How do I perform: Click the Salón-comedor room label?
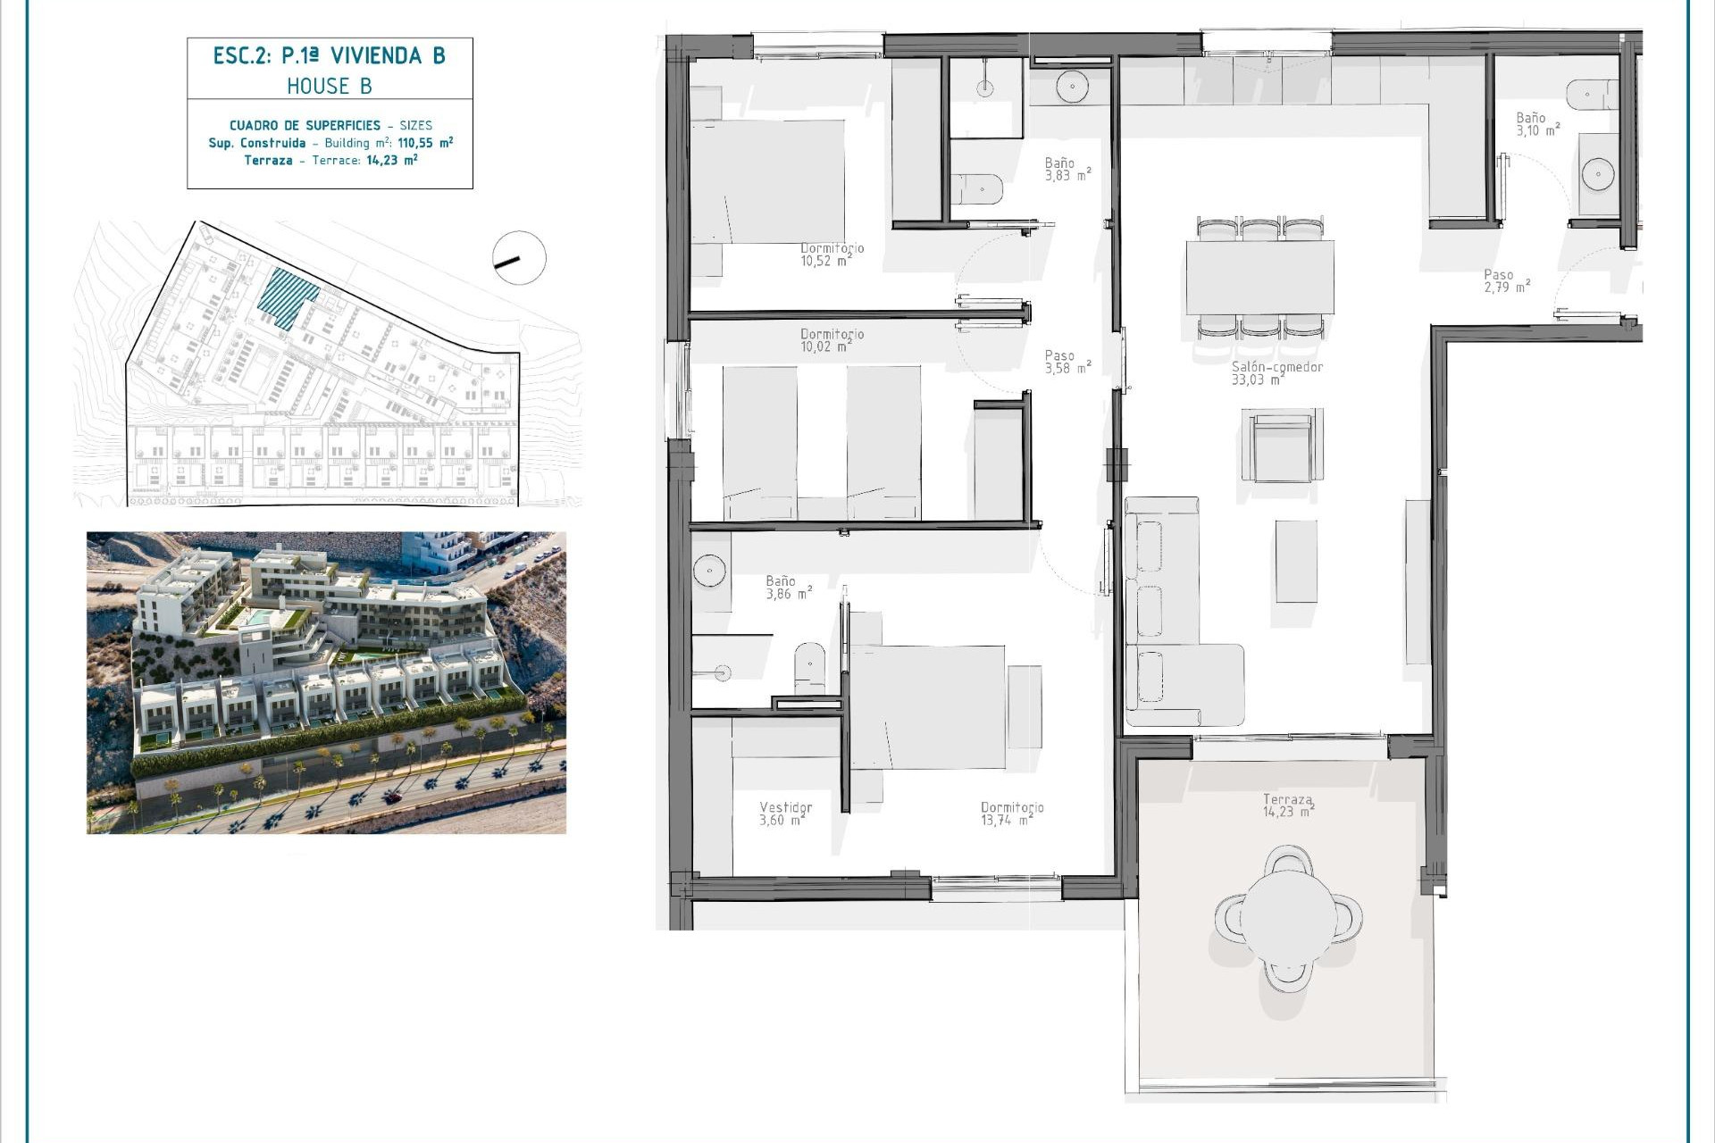coord(1276,373)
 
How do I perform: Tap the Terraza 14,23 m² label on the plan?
coord(1288,805)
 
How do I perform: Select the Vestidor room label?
coord(785,813)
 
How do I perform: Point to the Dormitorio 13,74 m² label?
coord(1011,813)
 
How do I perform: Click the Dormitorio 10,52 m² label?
coord(831,254)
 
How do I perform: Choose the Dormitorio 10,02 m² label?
coord(831,340)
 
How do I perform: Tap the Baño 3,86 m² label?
coord(788,588)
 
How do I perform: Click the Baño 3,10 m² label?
coord(1537,124)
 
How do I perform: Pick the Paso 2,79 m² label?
coord(1506,281)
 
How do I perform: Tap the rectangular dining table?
coord(1259,277)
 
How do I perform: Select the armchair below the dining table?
coord(1282,445)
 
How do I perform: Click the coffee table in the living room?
coord(1295,561)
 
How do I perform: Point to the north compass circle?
coord(519,258)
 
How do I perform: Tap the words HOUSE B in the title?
coord(330,86)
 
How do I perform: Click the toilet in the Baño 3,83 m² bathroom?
coord(977,188)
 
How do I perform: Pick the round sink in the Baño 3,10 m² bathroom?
coord(1597,174)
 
